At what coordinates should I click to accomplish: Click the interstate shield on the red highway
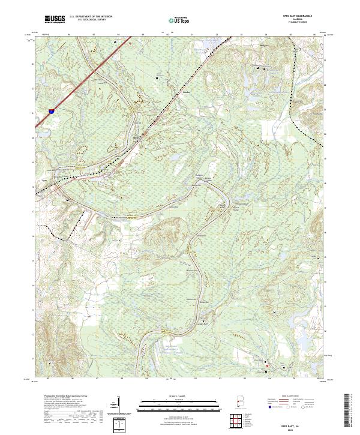(x=50, y=111)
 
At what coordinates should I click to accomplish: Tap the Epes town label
(x=44, y=180)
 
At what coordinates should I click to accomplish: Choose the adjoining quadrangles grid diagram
(x=238, y=421)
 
